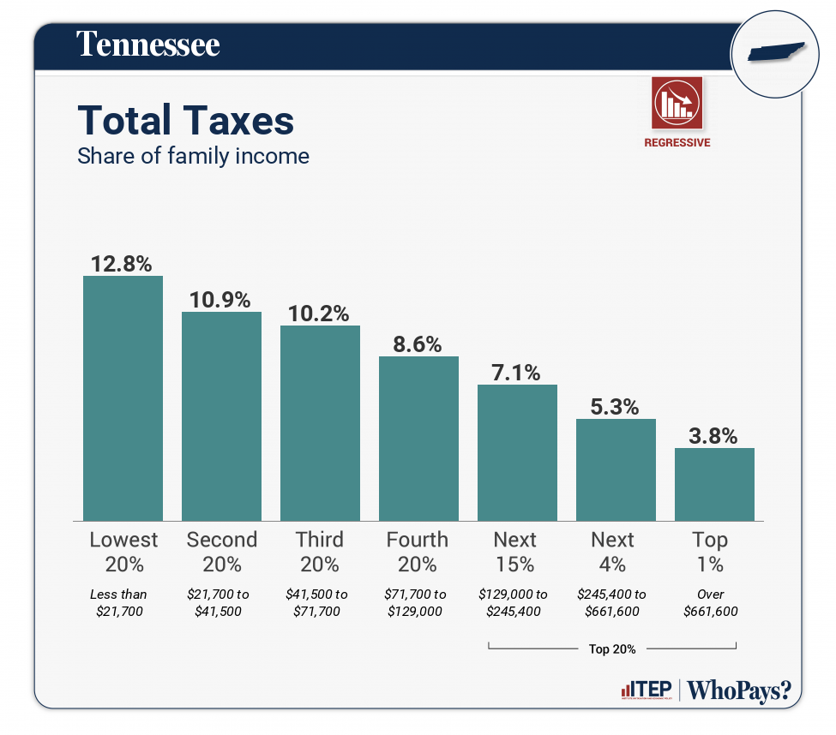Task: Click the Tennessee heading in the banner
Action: click(x=148, y=45)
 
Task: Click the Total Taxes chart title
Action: click(x=186, y=121)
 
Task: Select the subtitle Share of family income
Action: click(x=193, y=156)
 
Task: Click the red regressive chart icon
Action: click(x=677, y=102)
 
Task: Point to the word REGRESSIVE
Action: click(x=677, y=143)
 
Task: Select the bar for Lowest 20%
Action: click(x=123, y=398)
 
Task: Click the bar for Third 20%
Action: click(x=320, y=423)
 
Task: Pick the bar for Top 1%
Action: click(x=714, y=484)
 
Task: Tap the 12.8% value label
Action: click(x=123, y=262)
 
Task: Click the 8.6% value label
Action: click(x=418, y=344)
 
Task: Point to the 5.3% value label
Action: click(x=616, y=406)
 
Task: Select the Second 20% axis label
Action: click(x=221, y=552)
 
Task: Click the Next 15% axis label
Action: click(x=514, y=552)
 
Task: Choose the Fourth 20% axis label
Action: click(x=417, y=552)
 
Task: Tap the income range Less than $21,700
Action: click(x=118, y=602)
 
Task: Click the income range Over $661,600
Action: click(x=711, y=602)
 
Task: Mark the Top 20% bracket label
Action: click(x=612, y=648)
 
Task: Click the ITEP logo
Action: click(x=645, y=690)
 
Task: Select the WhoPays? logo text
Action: click(x=739, y=690)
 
